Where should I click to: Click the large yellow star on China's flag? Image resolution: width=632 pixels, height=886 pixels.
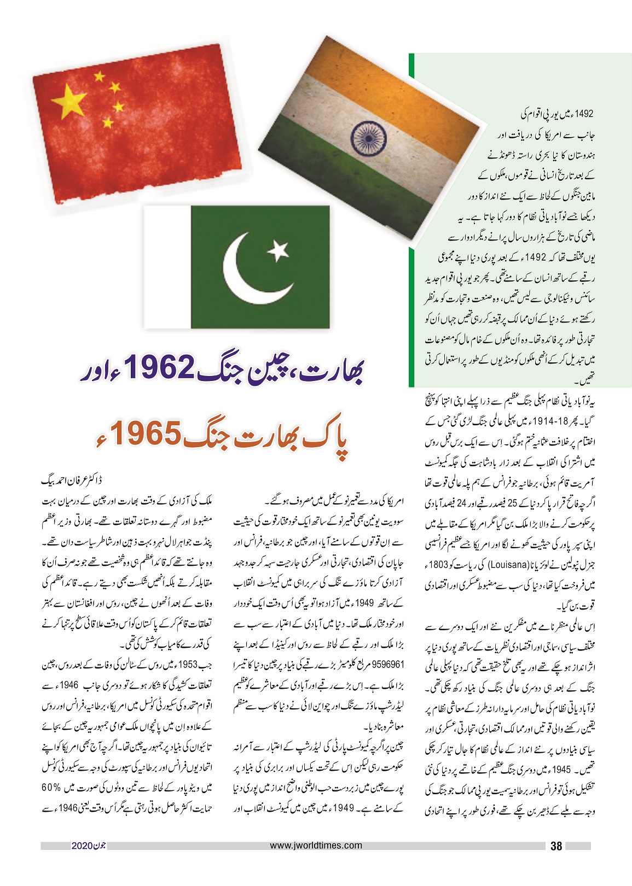pos(69,102)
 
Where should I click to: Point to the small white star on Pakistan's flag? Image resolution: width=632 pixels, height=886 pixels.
pos(279,250)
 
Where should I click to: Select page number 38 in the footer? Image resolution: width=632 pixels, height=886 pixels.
pos(556,846)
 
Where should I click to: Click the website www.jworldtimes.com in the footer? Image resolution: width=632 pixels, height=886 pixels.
pos(316,845)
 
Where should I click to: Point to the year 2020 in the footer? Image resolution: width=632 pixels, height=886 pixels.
pos(83,846)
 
